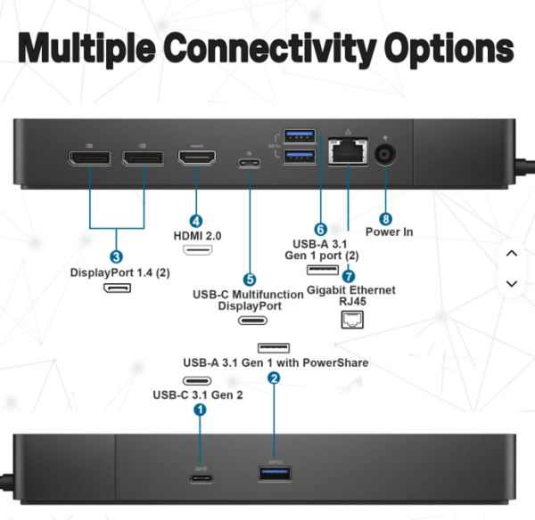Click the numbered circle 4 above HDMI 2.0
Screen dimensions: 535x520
tap(196, 222)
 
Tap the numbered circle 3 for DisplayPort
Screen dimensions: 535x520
tap(116, 256)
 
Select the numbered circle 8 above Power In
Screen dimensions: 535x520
tap(385, 219)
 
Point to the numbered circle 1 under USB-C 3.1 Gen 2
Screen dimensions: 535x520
tap(200, 410)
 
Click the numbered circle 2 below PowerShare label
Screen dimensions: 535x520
tap(274, 378)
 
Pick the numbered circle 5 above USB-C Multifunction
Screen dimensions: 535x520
tap(250, 280)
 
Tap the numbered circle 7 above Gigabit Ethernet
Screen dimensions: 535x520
tap(349, 276)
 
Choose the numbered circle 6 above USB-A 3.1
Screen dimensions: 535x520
tap(320, 230)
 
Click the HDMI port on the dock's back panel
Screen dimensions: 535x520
tap(197, 158)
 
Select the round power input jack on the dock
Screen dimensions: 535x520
tap(385, 155)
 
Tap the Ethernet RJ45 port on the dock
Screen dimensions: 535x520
tap(348, 152)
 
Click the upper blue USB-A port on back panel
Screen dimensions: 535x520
tap(300, 136)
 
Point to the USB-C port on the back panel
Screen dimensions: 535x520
tap(250, 163)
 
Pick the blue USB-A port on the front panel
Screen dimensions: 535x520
tap(275, 474)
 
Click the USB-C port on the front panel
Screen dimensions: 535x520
tap(202, 478)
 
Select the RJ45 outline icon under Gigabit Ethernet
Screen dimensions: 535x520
tap(352, 320)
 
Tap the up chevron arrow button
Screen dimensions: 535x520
tap(512, 254)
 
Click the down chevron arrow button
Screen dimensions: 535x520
tap(512, 283)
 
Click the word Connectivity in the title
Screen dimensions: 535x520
tap(270, 48)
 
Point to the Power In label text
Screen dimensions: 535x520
tap(390, 232)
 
